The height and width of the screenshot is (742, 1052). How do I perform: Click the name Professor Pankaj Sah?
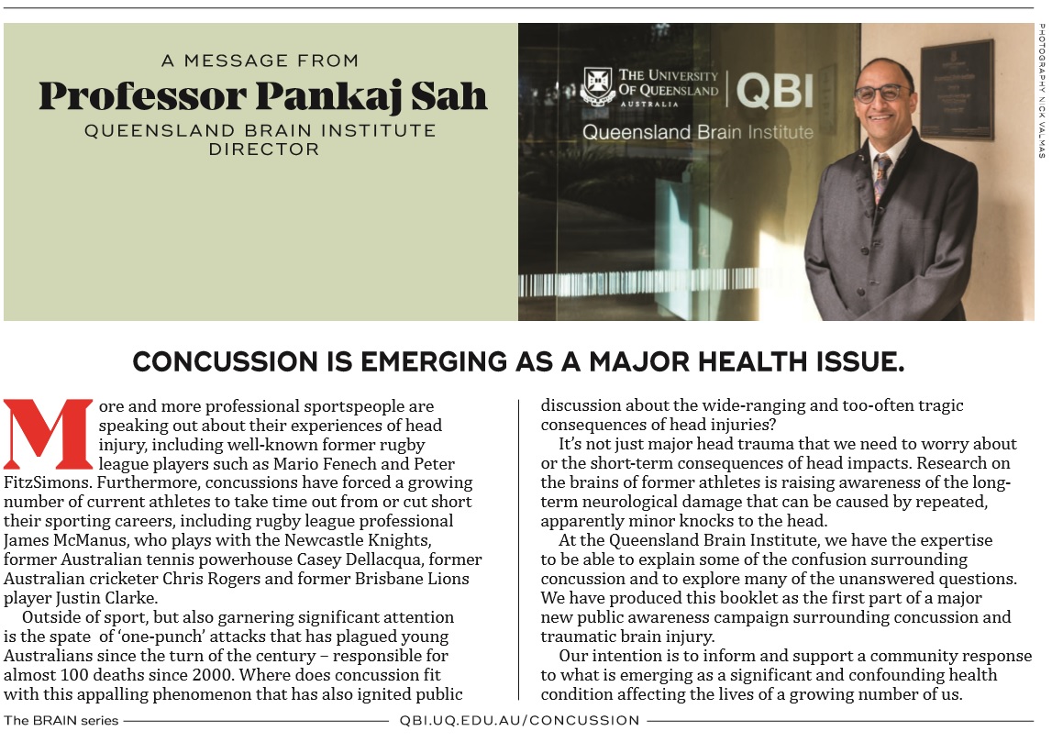pyautogui.click(x=262, y=95)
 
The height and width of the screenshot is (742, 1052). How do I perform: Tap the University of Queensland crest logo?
pyautogui.click(x=596, y=87)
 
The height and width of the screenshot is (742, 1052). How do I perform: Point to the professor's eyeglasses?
pyautogui.click(x=882, y=93)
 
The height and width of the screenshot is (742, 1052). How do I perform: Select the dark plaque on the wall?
pyautogui.click(x=956, y=90)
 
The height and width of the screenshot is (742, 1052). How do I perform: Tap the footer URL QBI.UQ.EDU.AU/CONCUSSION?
pyautogui.click(x=520, y=720)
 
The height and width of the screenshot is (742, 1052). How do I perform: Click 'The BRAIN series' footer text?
pyautogui.click(x=61, y=720)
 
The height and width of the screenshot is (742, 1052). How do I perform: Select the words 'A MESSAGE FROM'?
pyautogui.click(x=260, y=61)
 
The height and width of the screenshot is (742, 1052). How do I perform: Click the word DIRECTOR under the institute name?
pyautogui.click(x=263, y=149)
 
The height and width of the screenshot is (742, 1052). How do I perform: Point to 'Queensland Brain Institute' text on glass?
pyautogui.click(x=697, y=132)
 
